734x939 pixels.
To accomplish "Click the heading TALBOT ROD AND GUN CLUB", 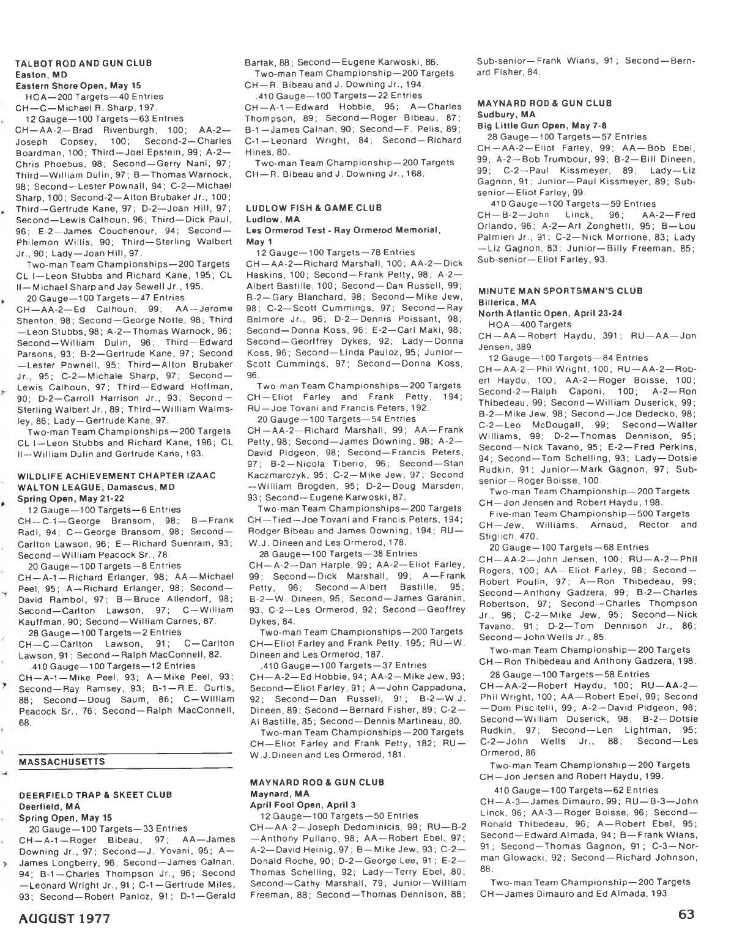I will tap(84, 63).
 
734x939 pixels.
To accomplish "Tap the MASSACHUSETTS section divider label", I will tap(62, 762).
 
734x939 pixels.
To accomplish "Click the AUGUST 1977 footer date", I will tap(64, 919).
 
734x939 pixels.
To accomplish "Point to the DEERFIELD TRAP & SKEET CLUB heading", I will tap(95, 795).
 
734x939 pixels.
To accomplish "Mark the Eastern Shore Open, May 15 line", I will tap(78, 86).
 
